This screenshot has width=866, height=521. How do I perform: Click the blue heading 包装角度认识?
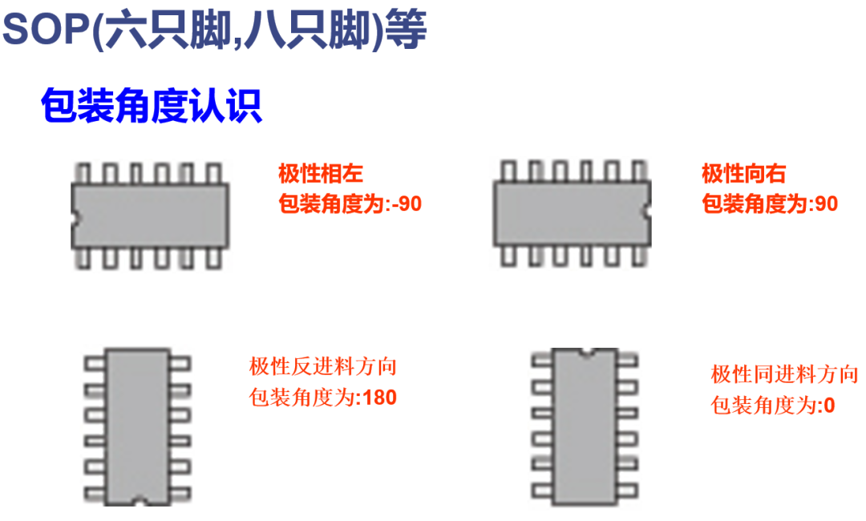click(151, 106)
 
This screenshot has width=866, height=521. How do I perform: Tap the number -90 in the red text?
click(405, 204)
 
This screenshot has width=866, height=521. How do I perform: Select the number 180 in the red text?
click(379, 397)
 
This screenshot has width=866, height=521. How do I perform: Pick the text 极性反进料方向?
click(323, 367)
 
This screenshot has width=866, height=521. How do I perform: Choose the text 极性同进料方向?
click(784, 374)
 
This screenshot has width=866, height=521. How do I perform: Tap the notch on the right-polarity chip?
click(648, 211)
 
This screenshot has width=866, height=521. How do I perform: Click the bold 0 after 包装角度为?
click(829, 406)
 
